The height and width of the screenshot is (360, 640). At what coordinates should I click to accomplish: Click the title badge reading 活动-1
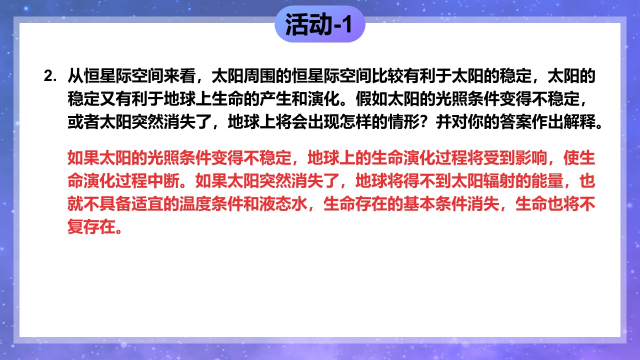319,24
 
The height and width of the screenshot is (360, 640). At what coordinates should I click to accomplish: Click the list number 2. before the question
50,76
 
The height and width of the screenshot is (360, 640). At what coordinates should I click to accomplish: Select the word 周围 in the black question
259,76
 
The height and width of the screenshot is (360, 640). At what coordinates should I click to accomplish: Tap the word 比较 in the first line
387,76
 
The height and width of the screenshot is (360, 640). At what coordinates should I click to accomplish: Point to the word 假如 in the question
371,99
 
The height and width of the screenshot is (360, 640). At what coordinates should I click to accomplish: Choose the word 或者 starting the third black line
83,122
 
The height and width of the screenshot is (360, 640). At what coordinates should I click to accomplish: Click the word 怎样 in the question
355,122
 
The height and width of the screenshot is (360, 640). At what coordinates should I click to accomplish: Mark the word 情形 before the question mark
403,122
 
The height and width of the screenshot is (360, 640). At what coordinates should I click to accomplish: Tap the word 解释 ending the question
579,122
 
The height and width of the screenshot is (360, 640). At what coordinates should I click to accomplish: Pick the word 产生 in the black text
275,99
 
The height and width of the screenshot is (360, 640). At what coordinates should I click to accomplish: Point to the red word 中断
163,181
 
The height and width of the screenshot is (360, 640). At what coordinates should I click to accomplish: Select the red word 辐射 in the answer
499,181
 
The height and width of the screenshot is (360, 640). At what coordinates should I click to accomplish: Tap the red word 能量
547,181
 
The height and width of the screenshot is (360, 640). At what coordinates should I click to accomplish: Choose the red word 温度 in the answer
195,204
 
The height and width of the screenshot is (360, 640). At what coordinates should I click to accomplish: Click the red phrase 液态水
283,204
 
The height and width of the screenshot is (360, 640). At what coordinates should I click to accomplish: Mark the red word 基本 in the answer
419,204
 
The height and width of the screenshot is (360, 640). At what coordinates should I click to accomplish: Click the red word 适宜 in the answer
147,204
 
